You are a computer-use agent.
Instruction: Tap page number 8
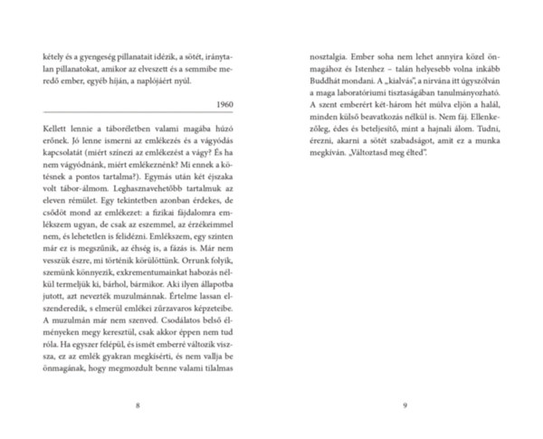[137, 405]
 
